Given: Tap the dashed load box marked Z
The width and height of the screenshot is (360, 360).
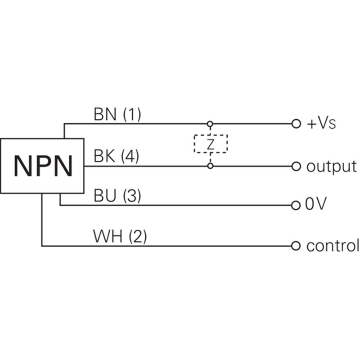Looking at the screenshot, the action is coord(194,144).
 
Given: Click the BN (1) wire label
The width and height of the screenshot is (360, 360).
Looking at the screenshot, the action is coord(117,114).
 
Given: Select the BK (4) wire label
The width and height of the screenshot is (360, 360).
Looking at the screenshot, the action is coord(117,156).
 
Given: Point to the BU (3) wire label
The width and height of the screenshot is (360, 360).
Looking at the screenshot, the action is coord(117,196).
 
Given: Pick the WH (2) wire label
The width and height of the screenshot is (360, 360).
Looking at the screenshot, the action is coord(120,237).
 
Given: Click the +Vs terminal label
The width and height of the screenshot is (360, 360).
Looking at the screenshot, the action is coord(321,123).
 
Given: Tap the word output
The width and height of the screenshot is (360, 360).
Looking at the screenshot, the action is coord(332,166).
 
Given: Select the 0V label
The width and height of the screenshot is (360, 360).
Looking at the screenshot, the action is coord(316,204).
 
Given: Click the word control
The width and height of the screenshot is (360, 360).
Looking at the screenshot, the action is coord(333,245).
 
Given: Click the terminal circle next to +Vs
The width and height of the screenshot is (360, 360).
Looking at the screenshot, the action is coord(296,124).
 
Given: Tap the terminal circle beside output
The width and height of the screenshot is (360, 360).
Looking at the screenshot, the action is coord(296,166).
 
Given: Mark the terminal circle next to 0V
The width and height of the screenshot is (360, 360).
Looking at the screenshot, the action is coord(296,205).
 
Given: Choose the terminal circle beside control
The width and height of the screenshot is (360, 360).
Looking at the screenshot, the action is coord(296,246).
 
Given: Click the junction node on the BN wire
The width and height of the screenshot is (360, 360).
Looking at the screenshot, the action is coord(210,124).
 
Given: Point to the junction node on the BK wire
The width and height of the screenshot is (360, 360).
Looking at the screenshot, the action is coord(210,166).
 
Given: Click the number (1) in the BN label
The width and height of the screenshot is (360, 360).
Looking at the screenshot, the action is coord(132,114).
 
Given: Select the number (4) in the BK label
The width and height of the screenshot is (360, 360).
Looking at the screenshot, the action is coord(130,156).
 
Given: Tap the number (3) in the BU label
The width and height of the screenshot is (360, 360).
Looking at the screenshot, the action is coord(132,196).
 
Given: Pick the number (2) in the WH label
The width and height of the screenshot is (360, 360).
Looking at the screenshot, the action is coord(138,237).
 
